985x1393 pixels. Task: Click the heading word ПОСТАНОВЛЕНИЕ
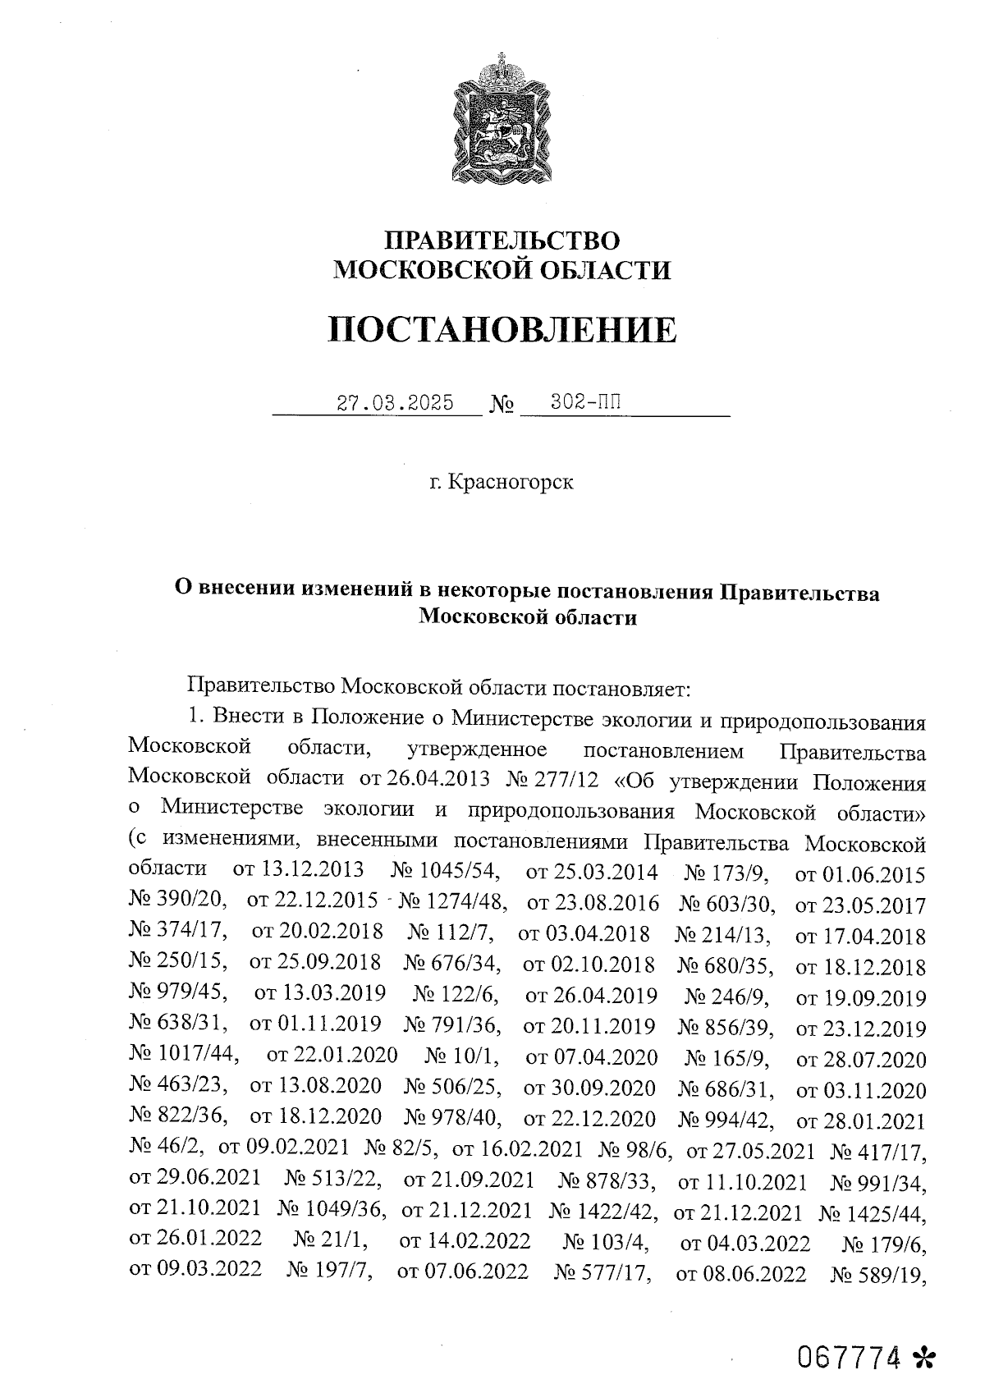502,330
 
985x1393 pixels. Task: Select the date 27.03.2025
395,403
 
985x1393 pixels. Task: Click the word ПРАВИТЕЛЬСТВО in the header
503,240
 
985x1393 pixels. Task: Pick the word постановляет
627,685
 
